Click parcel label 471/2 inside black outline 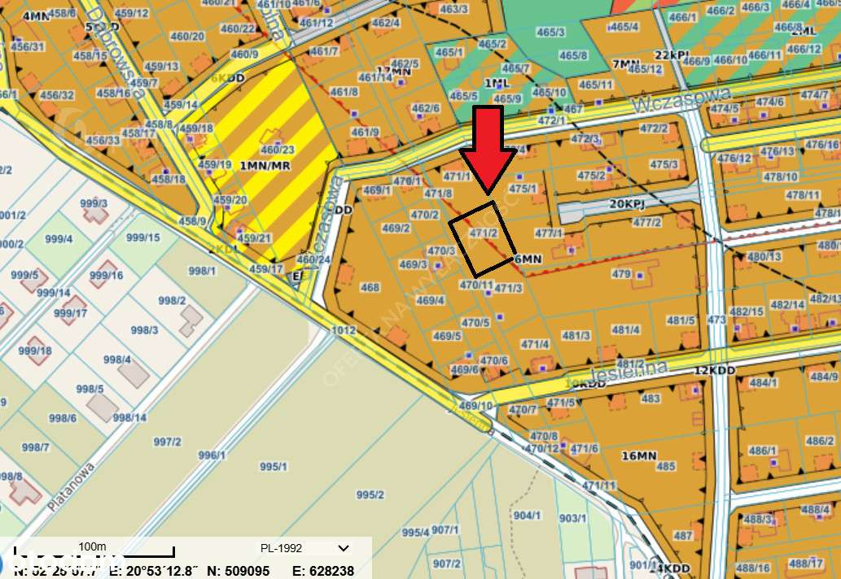tap(484, 233)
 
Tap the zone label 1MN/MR tap(265, 166)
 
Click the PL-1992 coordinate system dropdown tap(304, 548)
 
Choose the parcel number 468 tap(370, 287)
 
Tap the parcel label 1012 tap(344, 330)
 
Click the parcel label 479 tap(621, 274)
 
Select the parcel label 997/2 tap(167, 442)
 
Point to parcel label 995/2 tap(370, 494)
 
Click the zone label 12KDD tap(714, 371)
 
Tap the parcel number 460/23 tap(278, 150)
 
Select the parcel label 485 tap(666, 466)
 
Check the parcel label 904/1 tap(527, 516)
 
